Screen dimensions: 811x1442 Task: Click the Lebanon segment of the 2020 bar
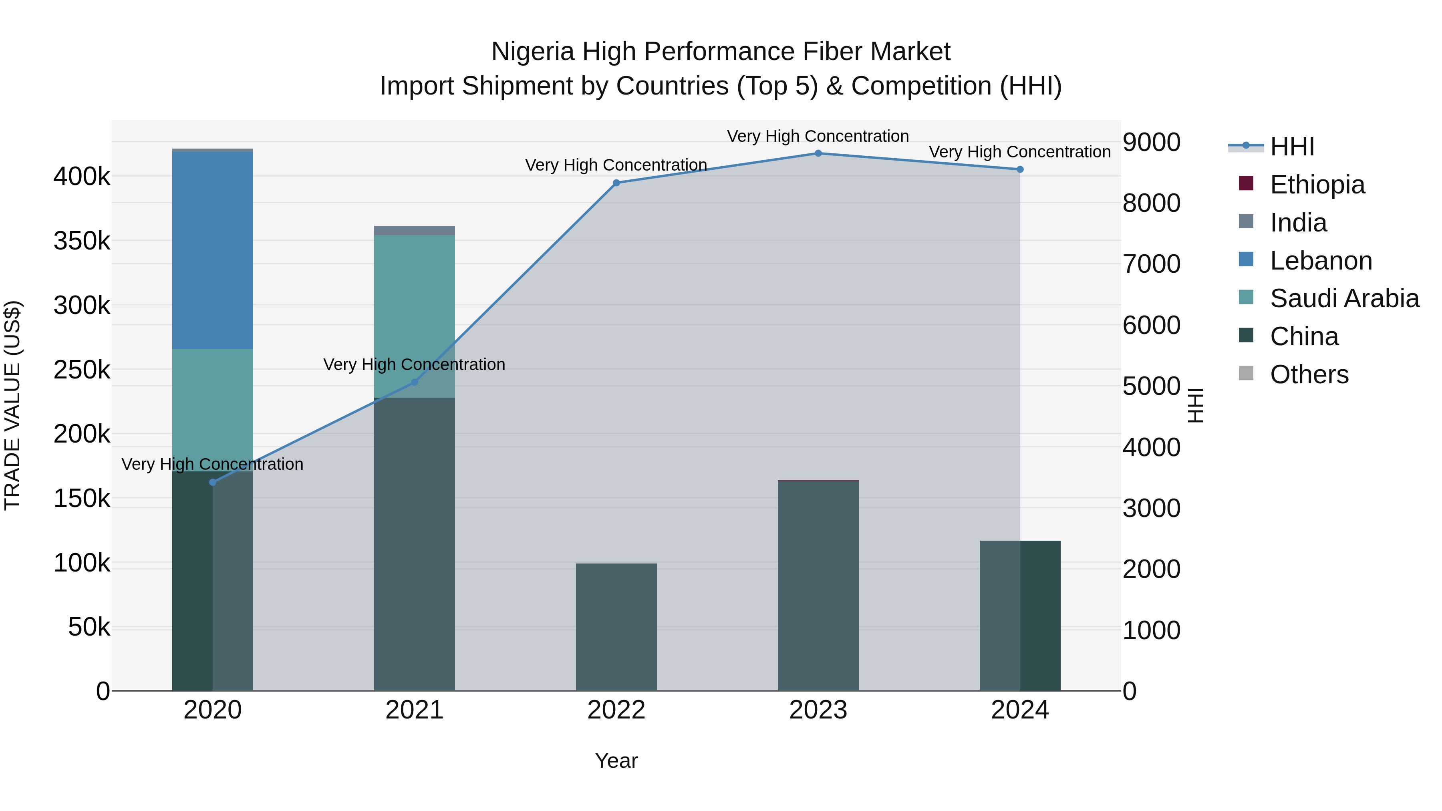click(x=212, y=250)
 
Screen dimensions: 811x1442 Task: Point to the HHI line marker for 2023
click(x=818, y=153)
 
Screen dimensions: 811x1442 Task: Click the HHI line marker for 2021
click(x=414, y=382)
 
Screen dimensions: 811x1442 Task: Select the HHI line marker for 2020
click(x=212, y=483)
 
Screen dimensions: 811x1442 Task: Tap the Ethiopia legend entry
click(x=1317, y=185)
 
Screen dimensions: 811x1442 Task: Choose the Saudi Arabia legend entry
click(x=1343, y=298)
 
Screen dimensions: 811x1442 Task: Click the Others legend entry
click(x=1308, y=374)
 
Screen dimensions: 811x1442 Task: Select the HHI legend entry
click(x=1291, y=147)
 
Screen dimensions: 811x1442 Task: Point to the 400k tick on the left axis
click(x=82, y=177)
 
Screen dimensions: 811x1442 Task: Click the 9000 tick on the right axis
click(x=1152, y=142)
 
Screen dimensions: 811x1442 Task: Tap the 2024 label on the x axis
click(x=1019, y=710)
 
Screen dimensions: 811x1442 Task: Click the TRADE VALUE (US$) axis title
click(x=12, y=405)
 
